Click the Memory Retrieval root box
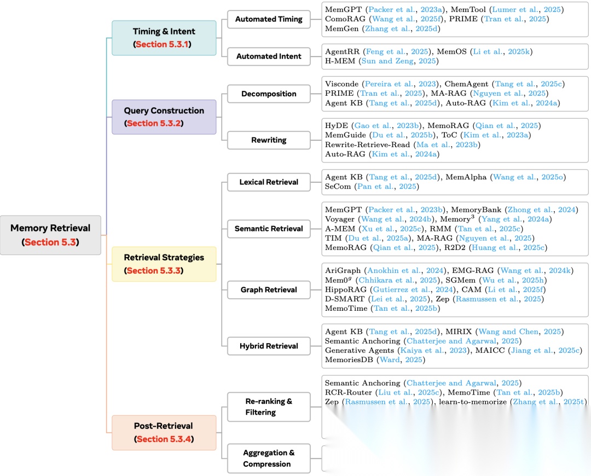(50, 235)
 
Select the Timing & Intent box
(164, 38)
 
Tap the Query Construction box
(164, 117)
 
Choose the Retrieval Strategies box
(164, 264)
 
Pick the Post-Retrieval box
(164, 432)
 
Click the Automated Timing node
(269, 19)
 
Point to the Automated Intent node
(269, 56)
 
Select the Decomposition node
(269, 94)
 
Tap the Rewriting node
(269, 140)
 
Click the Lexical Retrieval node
(269, 182)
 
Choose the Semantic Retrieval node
(269, 229)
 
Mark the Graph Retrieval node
(269, 290)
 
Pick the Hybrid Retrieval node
(269, 346)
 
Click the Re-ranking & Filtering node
(269, 407)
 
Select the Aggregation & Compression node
(269, 458)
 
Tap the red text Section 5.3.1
(164, 44)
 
